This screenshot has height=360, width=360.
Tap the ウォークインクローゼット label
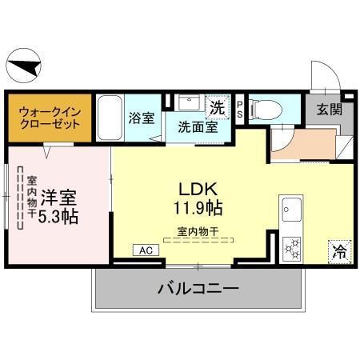coord(50,118)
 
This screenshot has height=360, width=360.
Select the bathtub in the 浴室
coord(111,118)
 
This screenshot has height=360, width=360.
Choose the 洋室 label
coord(58,196)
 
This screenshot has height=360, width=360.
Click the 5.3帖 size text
coord(58,216)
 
